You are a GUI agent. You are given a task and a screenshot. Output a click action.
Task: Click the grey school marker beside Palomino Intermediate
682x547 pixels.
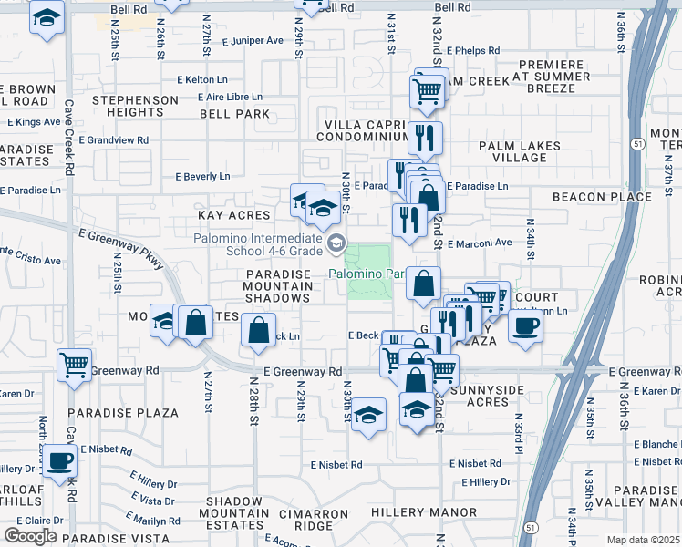pyautogui.click(x=337, y=242)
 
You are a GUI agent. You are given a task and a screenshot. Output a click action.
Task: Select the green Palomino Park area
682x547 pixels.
pyautogui.click(x=370, y=272)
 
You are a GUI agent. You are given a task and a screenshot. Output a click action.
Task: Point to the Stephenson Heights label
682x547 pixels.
pyautogui.click(x=135, y=106)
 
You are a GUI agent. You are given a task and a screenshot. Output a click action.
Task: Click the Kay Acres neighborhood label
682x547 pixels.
pyautogui.click(x=234, y=215)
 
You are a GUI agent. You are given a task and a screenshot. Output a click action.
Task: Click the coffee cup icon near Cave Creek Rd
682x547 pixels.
pyautogui.click(x=60, y=460)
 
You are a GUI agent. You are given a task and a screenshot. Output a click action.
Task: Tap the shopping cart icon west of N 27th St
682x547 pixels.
pyautogui.click(x=75, y=365)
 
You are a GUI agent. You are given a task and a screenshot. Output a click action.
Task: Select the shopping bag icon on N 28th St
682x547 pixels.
pyautogui.click(x=259, y=329)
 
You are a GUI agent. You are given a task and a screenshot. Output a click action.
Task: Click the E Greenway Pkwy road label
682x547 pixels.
pyautogui.click(x=120, y=249)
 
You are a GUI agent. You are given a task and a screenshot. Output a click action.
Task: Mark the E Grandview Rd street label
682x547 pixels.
pyautogui.click(x=114, y=140)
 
